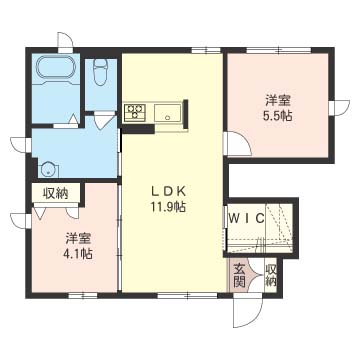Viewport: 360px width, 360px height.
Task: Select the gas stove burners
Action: [135, 112]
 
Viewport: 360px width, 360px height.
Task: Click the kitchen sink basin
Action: [168, 113]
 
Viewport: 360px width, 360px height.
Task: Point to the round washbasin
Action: [50, 170]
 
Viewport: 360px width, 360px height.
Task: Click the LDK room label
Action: [168, 191]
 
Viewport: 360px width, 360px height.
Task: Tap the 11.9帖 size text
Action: [168, 208]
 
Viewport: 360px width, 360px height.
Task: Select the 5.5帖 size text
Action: [277, 116]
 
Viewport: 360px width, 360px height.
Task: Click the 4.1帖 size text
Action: [79, 254]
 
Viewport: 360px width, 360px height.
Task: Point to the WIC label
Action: [247, 218]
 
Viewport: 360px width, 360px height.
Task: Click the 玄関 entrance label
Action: [239, 276]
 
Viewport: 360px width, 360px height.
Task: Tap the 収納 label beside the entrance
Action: [271, 276]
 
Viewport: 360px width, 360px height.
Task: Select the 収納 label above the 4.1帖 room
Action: [55, 193]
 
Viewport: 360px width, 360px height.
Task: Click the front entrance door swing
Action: [248, 311]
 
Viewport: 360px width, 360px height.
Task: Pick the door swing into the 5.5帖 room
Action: [238, 144]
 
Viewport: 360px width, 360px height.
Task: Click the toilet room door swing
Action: [103, 121]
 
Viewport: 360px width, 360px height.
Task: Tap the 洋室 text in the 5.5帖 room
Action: [278, 100]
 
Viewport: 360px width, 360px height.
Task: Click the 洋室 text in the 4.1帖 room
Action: [79, 238]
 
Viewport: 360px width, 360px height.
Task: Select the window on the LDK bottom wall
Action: [187, 295]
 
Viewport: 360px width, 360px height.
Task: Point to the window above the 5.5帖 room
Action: [278, 51]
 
